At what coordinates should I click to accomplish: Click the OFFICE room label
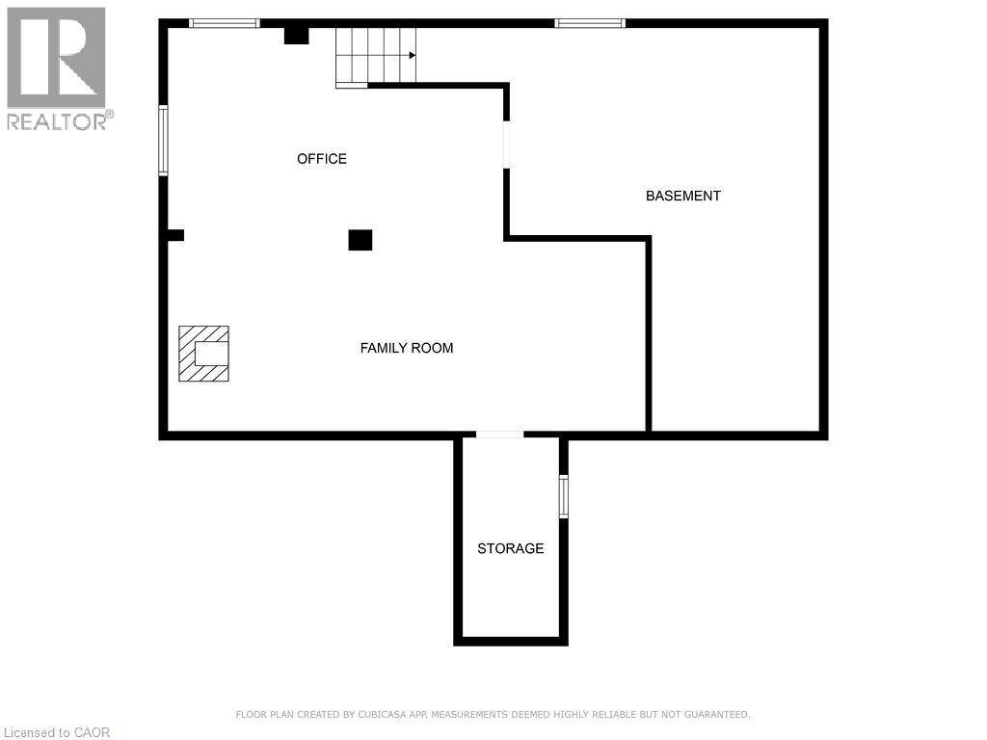point(322,159)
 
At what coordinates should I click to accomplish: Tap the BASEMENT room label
point(682,196)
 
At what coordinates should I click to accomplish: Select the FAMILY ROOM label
point(407,348)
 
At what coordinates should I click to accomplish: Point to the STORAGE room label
point(511,548)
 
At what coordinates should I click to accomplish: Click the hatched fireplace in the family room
point(204,354)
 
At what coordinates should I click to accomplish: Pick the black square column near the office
point(360,240)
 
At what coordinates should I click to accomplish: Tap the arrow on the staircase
point(412,55)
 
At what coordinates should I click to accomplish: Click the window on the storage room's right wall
point(564,496)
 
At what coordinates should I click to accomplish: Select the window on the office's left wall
point(164,141)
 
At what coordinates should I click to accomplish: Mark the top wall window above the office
point(224,23)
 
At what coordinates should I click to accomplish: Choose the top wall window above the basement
point(590,23)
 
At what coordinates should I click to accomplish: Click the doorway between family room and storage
point(499,436)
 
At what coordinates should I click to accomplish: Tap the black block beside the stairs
point(296,36)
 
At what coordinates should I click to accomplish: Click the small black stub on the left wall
point(174,234)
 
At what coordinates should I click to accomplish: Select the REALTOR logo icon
point(56,57)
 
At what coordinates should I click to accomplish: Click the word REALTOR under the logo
point(56,121)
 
